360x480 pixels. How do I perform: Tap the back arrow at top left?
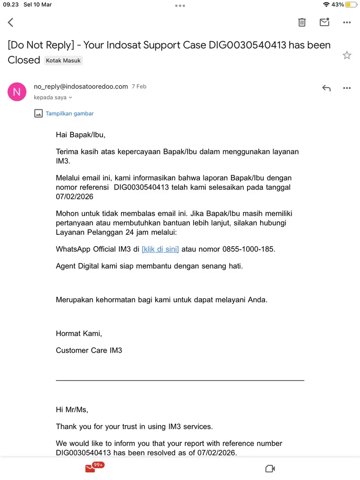[11, 22]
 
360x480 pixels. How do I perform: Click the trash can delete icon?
[302, 22]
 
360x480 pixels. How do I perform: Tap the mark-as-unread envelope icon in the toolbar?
[324, 22]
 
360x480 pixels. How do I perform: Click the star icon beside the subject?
[347, 55]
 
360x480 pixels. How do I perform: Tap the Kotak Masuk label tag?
[63, 60]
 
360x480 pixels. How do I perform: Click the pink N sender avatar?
[17, 92]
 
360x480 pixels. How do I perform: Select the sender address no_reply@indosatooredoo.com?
[81, 86]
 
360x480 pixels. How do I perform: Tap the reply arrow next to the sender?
[326, 88]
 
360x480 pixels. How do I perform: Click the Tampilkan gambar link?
[70, 113]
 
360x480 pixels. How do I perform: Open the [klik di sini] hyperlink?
[160, 249]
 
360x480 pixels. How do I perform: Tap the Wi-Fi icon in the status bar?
[326, 4]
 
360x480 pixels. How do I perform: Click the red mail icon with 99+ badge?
[91, 468]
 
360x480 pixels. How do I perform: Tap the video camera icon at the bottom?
[270, 469]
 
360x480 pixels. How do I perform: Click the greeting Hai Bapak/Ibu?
[81, 135]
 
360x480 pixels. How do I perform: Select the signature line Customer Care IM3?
[89, 350]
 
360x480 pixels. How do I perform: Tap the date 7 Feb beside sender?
[139, 86]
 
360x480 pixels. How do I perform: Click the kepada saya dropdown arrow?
[71, 98]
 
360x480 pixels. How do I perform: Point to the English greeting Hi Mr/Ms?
[72, 409]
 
